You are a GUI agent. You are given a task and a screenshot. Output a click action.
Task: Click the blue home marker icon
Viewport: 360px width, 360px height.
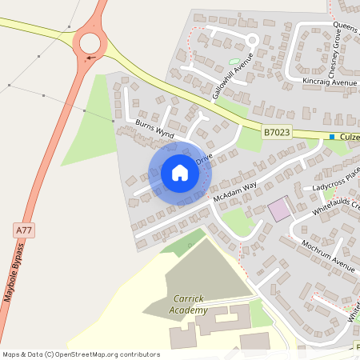pos(179,172)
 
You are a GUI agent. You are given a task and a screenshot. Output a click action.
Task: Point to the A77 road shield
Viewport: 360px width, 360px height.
pos(24,230)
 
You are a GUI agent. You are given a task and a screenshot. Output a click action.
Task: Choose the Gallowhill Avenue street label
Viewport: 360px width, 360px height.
pos(233,77)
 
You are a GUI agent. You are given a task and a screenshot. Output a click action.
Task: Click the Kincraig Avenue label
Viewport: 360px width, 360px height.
pos(330,82)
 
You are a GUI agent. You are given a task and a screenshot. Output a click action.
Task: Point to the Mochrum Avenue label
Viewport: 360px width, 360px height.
pos(328,254)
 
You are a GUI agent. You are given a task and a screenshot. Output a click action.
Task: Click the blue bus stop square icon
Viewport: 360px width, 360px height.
pos(332,137)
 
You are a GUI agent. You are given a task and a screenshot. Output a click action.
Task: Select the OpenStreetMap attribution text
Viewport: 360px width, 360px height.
pos(80,354)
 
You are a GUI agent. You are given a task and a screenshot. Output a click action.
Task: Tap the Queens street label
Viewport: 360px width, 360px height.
pos(346,27)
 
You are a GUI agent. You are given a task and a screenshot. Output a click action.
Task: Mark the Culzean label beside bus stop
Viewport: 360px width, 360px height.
pos(350,137)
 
